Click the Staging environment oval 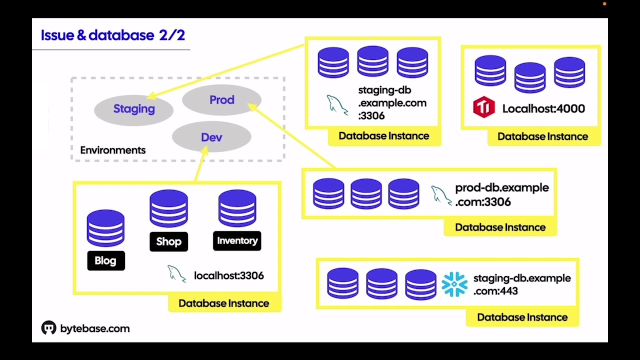[x=133, y=109]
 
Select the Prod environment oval [x=221, y=100]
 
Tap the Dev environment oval [x=211, y=137]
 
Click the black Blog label [x=105, y=260]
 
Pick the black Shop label [x=168, y=241]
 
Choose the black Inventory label [x=237, y=240]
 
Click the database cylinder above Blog [x=105, y=228]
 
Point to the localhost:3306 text [x=228, y=275]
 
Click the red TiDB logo [x=483, y=107]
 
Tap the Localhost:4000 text [x=543, y=108]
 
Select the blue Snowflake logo [x=454, y=284]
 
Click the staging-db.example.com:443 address [x=521, y=284]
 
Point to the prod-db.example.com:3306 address [x=501, y=194]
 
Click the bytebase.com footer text [x=94, y=328]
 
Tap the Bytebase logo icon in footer [x=48, y=328]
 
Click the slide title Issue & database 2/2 [x=112, y=35]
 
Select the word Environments [x=113, y=150]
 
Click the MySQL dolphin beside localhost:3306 [x=176, y=273]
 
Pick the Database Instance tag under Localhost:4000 [x=542, y=136]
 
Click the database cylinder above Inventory [x=237, y=208]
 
